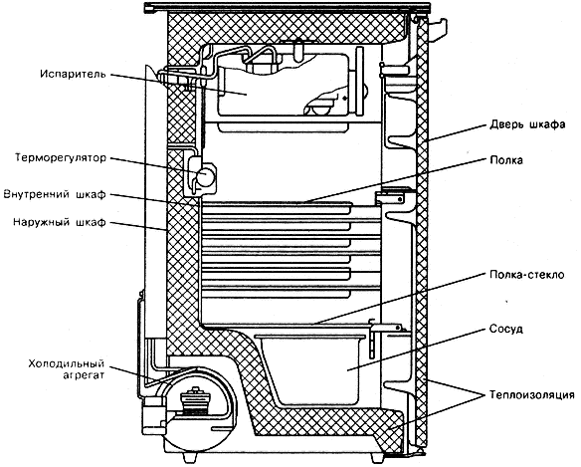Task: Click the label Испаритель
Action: (x=73, y=74)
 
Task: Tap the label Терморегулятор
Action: (x=61, y=158)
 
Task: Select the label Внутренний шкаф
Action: (x=55, y=194)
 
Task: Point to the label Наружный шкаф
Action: (x=60, y=222)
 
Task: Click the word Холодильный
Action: (x=67, y=363)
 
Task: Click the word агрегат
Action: (x=84, y=375)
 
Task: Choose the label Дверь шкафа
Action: (x=527, y=124)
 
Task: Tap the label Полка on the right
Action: (x=506, y=160)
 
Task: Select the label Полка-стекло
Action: (x=527, y=275)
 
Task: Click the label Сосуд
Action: (x=505, y=329)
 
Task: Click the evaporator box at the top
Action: (x=284, y=85)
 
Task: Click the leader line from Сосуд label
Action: (x=416, y=350)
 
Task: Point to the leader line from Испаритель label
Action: (x=179, y=85)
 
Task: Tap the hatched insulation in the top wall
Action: (x=286, y=27)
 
